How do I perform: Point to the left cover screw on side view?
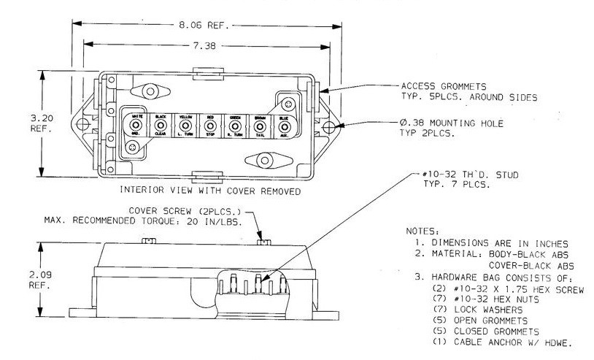point(147,240)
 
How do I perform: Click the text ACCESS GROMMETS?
point(438,85)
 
